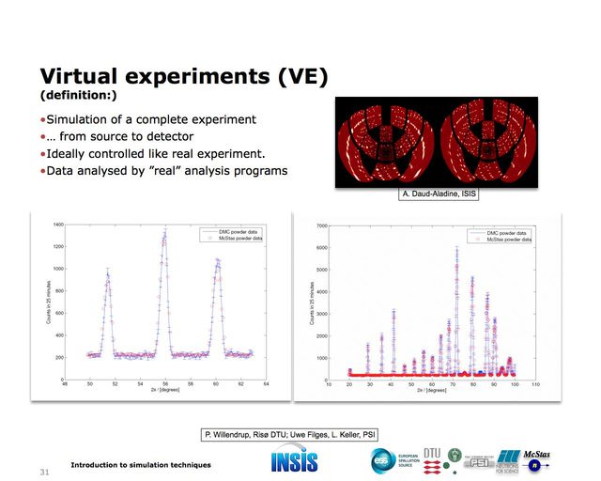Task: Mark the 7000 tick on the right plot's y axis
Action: [321, 226]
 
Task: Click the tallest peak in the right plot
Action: [456, 249]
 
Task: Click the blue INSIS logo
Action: [294, 460]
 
